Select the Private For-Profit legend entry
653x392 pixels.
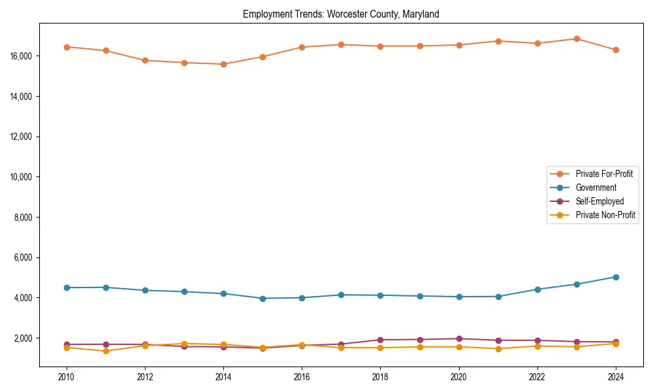pyautogui.click(x=600, y=174)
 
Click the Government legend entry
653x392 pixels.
pyautogui.click(x=596, y=188)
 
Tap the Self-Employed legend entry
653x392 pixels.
pyautogui.click(x=599, y=201)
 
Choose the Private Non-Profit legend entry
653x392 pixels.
pyautogui.click(x=605, y=215)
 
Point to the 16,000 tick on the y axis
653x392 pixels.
pyautogui.click(x=22, y=56)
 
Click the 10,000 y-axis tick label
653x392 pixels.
pyautogui.click(x=22, y=177)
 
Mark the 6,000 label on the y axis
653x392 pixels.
pyautogui.click(x=24, y=257)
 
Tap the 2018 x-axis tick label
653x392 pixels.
pyautogui.click(x=381, y=377)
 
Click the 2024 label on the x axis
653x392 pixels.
pyautogui.click(x=616, y=377)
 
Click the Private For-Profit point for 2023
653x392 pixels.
pyautogui.click(x=577, y=39)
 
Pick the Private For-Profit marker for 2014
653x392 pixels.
pyautogui.click(x=223, y=64)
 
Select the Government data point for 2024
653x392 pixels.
pyautogui.click(x=616, y=277)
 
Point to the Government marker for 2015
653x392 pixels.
pyautogui.click(x=263, y=299)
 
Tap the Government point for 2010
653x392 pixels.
pyautogui.click(x=67, y=287)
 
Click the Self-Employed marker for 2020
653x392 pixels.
pyautogui.click(x=459, y=338)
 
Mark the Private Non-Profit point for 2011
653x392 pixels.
pyautogui.click(x=106, y=351)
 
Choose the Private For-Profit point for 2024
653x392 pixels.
pyautogui.click(x=616, y=50)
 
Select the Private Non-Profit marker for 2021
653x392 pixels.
pyautogui.click(x=498, y=349)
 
